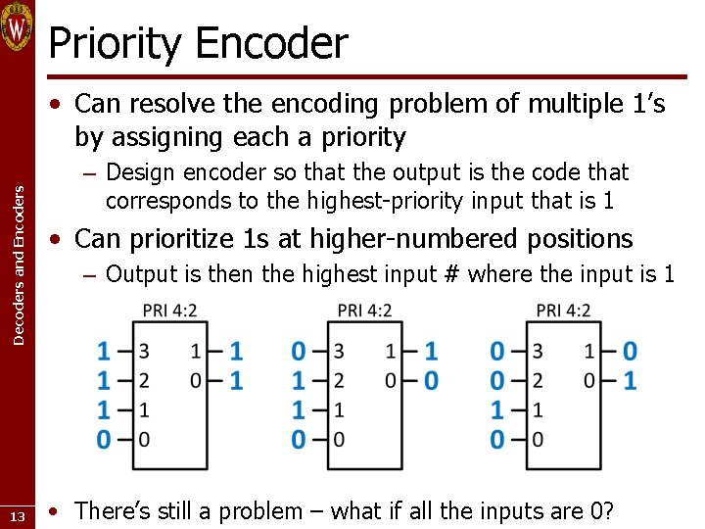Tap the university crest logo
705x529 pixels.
[18, 26]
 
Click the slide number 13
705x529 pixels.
[17, 516]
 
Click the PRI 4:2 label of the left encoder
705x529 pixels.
[169, 311]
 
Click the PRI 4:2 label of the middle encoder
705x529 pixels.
[364, 311]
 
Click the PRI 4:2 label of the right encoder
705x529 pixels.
[563, 311]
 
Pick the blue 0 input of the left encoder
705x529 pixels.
[104, 439]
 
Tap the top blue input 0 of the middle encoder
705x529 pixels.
[299, 351]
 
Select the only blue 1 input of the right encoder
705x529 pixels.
[497, 409]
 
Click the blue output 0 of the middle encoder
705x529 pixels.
[431, 380]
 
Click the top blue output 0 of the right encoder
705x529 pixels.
[630, 351]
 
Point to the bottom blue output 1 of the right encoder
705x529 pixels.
[630, 380]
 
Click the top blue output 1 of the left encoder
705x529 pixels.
[236, 351]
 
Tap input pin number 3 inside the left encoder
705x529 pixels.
[144, 351]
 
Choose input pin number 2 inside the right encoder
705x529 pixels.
[538, 380]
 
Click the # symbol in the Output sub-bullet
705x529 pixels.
[451, 274]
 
